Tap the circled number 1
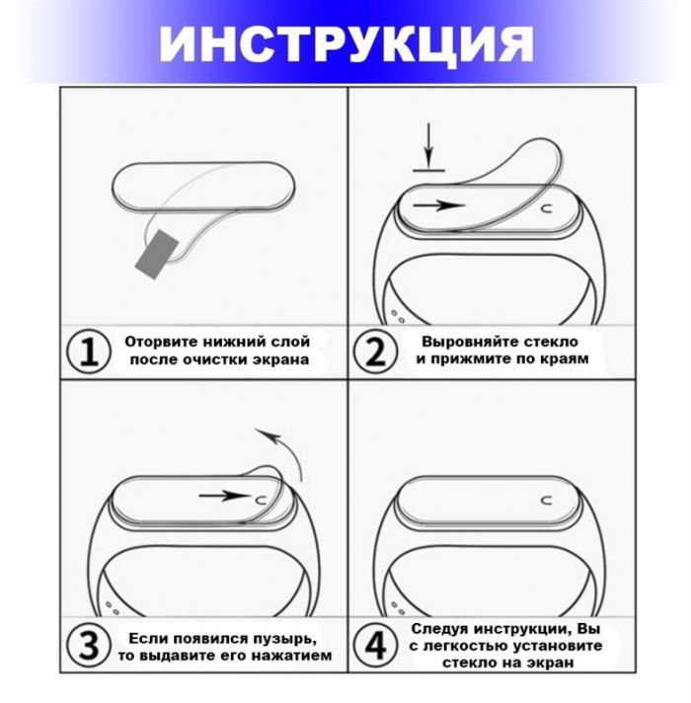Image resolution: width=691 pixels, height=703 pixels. pyautogui.click(x=90, y=351)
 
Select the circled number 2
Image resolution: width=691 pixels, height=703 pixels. pyautogui.click(x=376, y=351)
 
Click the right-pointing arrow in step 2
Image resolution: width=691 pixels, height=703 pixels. pyautogui.click(x=438, y=205)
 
